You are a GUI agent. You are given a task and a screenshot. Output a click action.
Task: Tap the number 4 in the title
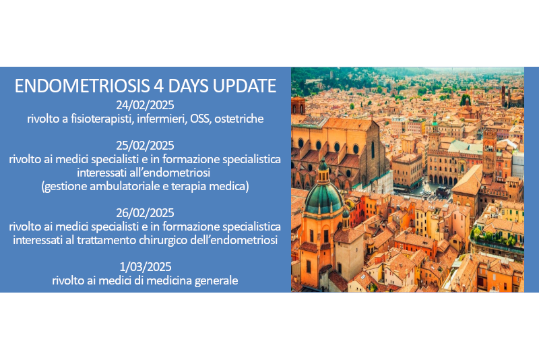(x=158, y=86)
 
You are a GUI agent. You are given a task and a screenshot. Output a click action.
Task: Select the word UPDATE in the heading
(x=245, y=86)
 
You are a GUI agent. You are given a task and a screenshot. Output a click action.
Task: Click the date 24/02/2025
(x=145, y=105)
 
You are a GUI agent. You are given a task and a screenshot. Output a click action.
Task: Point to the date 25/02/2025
(x=145, y=146)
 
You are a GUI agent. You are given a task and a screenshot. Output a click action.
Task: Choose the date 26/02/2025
(x=145, y=213)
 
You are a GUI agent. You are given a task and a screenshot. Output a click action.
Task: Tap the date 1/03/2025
(x=145, y=267)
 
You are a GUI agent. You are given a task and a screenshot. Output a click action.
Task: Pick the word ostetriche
(x=239, y=119)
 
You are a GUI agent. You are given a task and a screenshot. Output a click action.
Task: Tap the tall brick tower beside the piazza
(x=490, y=151)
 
